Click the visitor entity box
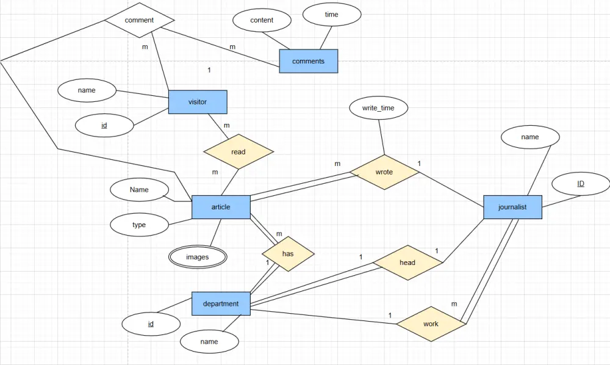(x=198, y=102)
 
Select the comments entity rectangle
(x=308, y=61)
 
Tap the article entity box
(x=221, y=207)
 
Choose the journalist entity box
(x=512, y=207)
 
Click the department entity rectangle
(x=221, y=303)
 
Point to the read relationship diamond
(x=239, y=151)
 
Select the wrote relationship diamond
(x=384, y=172)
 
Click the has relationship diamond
(x=288, y=253)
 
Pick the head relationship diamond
(x=407, y=262)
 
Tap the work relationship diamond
(x=431, y=323)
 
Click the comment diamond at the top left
(x=139, y=20)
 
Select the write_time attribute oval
(x=378, y=108)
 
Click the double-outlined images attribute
(x=198, y=257)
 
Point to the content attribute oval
(x=262, y=20)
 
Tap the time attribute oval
(x=331, y=15)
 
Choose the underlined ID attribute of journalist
(x=581, y=183)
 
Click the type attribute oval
(x=139, y=225)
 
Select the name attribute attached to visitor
(x=87, y=90)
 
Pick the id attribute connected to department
(x=151, y=323)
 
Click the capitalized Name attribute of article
(x=139, y=189)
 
